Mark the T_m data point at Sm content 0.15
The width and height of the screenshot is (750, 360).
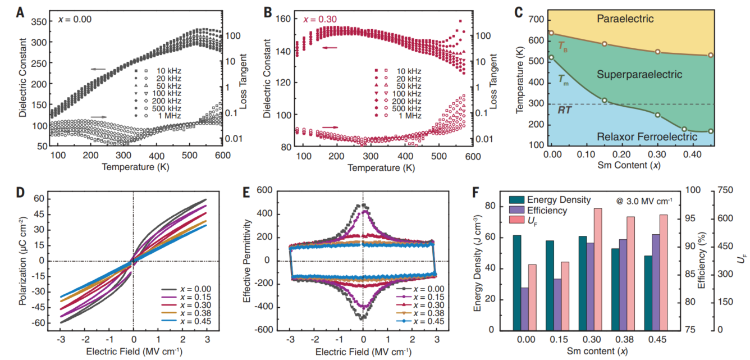pos(605,101)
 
